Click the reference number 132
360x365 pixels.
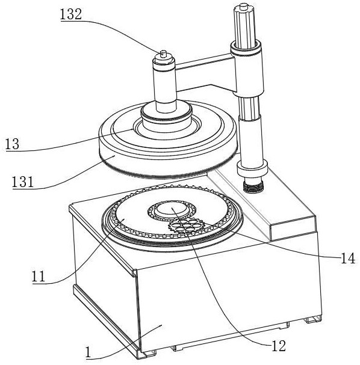coord(71,14)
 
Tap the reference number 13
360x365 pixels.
coord(12,144)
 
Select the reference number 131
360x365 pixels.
coord(23,182)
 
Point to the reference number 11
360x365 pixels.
coord(39,277)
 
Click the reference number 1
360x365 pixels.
coord(88,352)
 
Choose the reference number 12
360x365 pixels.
coord(279,346)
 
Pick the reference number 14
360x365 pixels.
coord(347,258)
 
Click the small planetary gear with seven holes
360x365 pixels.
coord(187,225)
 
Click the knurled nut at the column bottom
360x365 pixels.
coord(253,186)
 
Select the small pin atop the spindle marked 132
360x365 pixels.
coord(163,54)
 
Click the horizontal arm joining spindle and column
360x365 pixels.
coord(205,73)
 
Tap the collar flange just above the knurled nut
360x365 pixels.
coord(252,168)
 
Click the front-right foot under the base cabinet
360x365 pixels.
coord(314,319)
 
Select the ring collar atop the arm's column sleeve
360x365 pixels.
coord(246,49)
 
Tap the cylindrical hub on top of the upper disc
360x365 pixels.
coord(166,117)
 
